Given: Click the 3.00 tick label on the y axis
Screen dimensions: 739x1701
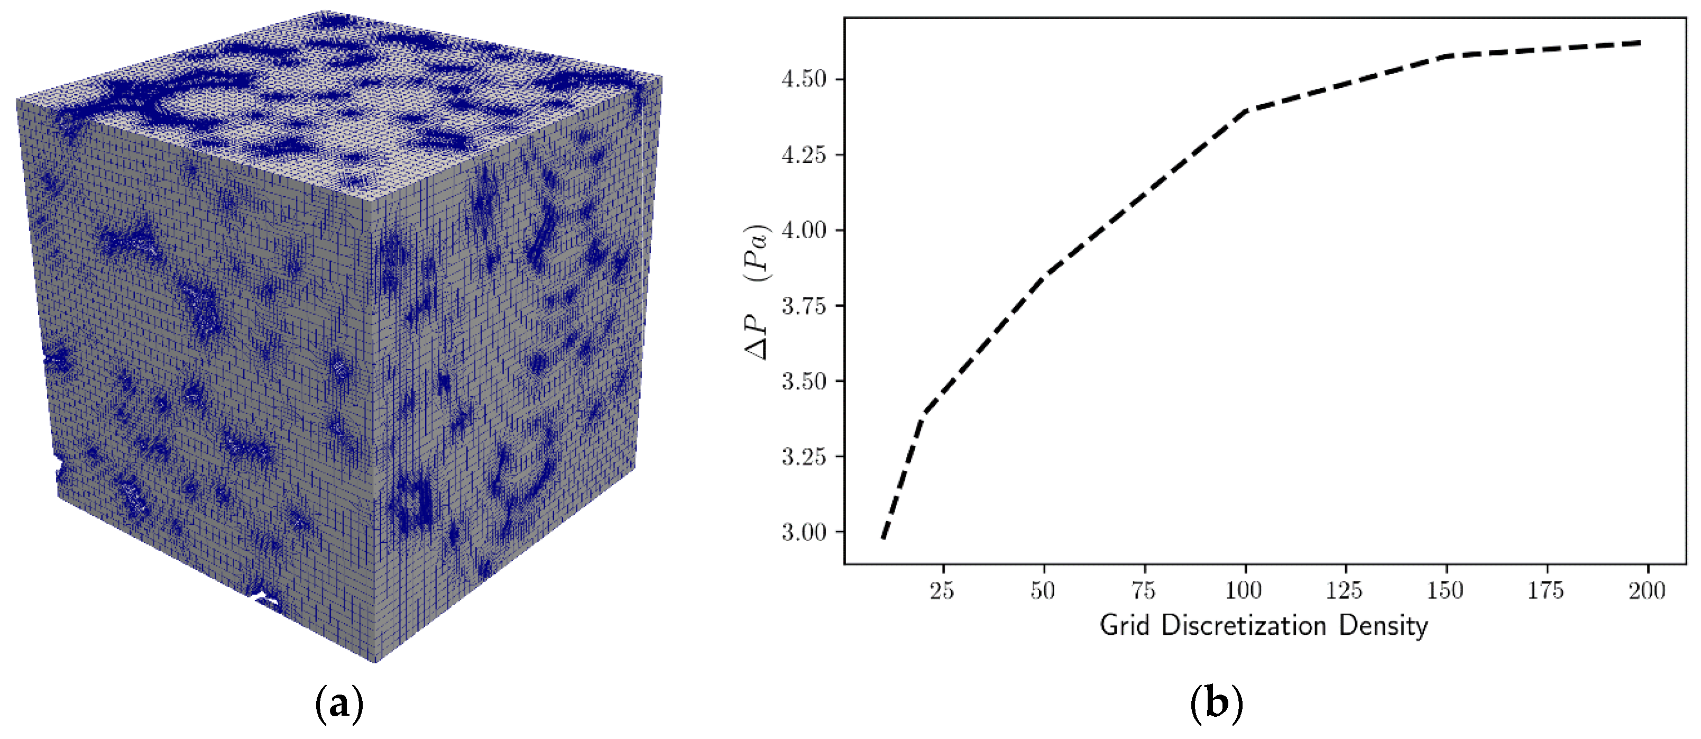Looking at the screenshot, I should point(804,532).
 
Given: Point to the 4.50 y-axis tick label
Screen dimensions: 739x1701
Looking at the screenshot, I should point(804,79).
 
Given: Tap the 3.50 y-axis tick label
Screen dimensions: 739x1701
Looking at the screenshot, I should point(804,381).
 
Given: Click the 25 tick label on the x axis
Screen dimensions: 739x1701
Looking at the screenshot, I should point(942,590).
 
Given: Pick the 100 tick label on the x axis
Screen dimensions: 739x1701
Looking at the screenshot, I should point(1244,590).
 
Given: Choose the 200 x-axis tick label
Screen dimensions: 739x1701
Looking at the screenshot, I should point(1647,590).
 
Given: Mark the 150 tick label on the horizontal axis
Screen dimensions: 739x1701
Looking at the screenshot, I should point(1446,590).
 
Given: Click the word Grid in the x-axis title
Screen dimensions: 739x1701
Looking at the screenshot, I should point(1125,625).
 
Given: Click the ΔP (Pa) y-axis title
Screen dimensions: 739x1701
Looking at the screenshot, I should point(757,292).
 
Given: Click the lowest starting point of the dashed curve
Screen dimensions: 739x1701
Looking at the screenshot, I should point(884,538).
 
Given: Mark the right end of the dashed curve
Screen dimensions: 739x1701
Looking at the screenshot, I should point(1640,43).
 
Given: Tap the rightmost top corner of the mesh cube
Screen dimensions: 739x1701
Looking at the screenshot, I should point(661,77).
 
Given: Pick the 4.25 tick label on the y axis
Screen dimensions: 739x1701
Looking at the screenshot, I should point(804,154).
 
